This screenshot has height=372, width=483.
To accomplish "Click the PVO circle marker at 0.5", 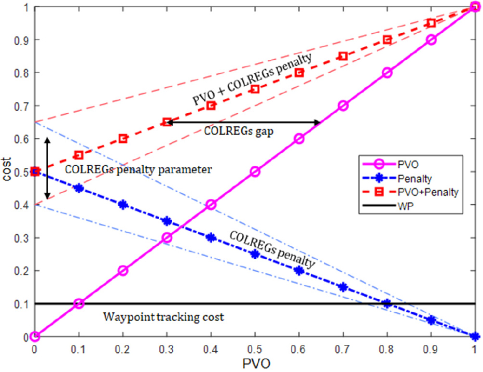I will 255,172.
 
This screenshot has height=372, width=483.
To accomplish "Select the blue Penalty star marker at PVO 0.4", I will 211,237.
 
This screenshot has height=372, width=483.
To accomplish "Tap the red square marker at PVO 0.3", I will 167,122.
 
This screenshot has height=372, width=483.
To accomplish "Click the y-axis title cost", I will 7,172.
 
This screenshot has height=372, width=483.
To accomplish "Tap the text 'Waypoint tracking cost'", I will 163,316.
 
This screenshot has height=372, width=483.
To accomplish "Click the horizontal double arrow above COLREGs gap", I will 244,123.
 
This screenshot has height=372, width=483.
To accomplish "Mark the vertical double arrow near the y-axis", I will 48,168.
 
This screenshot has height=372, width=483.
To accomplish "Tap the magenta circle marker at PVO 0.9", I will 431,40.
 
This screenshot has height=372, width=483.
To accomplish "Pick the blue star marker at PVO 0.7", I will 343,287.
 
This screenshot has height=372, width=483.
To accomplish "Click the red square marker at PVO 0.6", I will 299,73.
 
